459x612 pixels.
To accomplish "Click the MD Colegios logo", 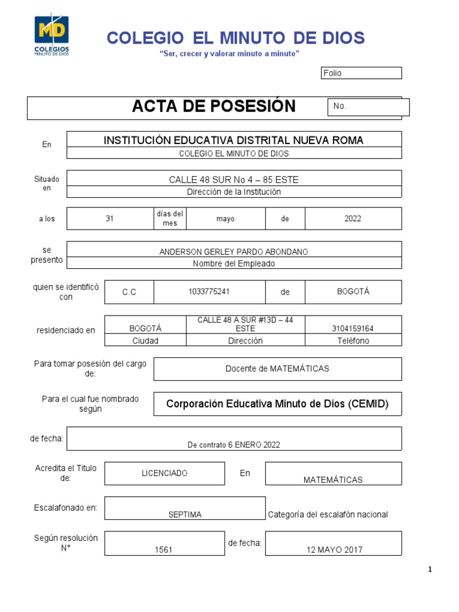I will (x=51, y=35).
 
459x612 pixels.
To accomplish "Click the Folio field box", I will (x=361, y=73).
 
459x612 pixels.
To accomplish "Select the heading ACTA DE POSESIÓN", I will (x=213, y=106).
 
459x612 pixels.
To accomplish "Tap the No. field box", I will (x=368, y=107).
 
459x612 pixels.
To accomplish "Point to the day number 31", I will (x=109, y=219).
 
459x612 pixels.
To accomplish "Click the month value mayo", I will (x=225, y=219).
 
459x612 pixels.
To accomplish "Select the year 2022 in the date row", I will (x=353, y=219).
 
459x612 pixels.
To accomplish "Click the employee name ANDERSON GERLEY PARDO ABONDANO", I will (x=234, y=252).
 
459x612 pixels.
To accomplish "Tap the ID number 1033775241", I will (x=209, y=292).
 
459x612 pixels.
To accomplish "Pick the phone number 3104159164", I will (x=353, y=328).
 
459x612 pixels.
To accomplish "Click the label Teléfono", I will (x=353, y=341).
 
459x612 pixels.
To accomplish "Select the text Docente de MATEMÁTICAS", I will (x=277, y=369).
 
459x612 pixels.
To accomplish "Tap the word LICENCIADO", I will (x=164, y=473).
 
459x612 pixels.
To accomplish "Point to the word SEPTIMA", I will (x=185, y=515).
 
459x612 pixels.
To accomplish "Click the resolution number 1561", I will (x=163, y=550).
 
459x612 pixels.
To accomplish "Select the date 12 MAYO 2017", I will (x=334, y=550).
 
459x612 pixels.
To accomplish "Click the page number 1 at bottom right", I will (x=430, y=570).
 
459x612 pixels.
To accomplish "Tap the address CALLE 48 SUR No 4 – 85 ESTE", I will (x=234, y=180).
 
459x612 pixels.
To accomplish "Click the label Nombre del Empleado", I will (x=234, y=264).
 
